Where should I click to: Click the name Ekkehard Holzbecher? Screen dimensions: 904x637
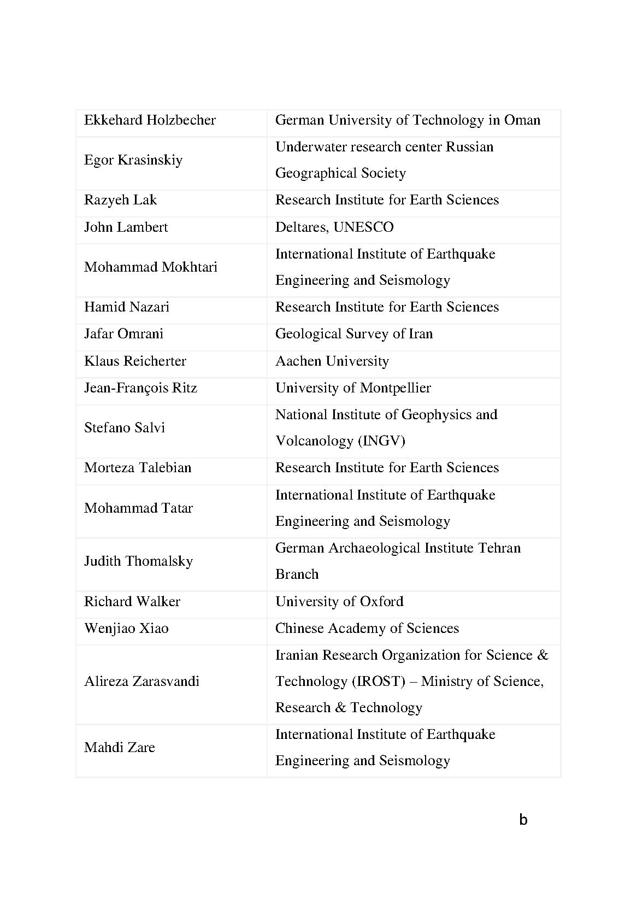(150, 120)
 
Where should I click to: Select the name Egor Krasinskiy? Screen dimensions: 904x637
(133, 160)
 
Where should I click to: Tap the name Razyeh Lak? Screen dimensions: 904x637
(120, 200)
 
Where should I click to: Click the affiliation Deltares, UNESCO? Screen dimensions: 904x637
(334, 227)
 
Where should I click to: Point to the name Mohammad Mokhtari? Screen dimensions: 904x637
(151, 267)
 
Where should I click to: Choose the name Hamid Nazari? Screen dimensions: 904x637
(127, 307)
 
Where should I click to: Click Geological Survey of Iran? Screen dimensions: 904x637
(353, 334)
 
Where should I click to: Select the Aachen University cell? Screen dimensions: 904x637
(332, 361)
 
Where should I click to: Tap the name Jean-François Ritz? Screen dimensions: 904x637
(140, 388)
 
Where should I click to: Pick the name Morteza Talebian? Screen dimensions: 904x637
(138, 468)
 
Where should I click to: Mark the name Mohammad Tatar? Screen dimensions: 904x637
(138, 508)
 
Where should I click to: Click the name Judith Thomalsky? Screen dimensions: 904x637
(138, 561)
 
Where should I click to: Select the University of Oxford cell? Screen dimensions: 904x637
(339, 602)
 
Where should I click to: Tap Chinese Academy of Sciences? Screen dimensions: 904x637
(367, 629)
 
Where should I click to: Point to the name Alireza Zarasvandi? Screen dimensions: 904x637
(141, 682)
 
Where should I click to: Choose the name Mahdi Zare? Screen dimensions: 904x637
(120, 748)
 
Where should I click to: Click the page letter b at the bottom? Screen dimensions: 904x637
(523, 819)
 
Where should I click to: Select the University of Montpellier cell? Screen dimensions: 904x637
(353, 388)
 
